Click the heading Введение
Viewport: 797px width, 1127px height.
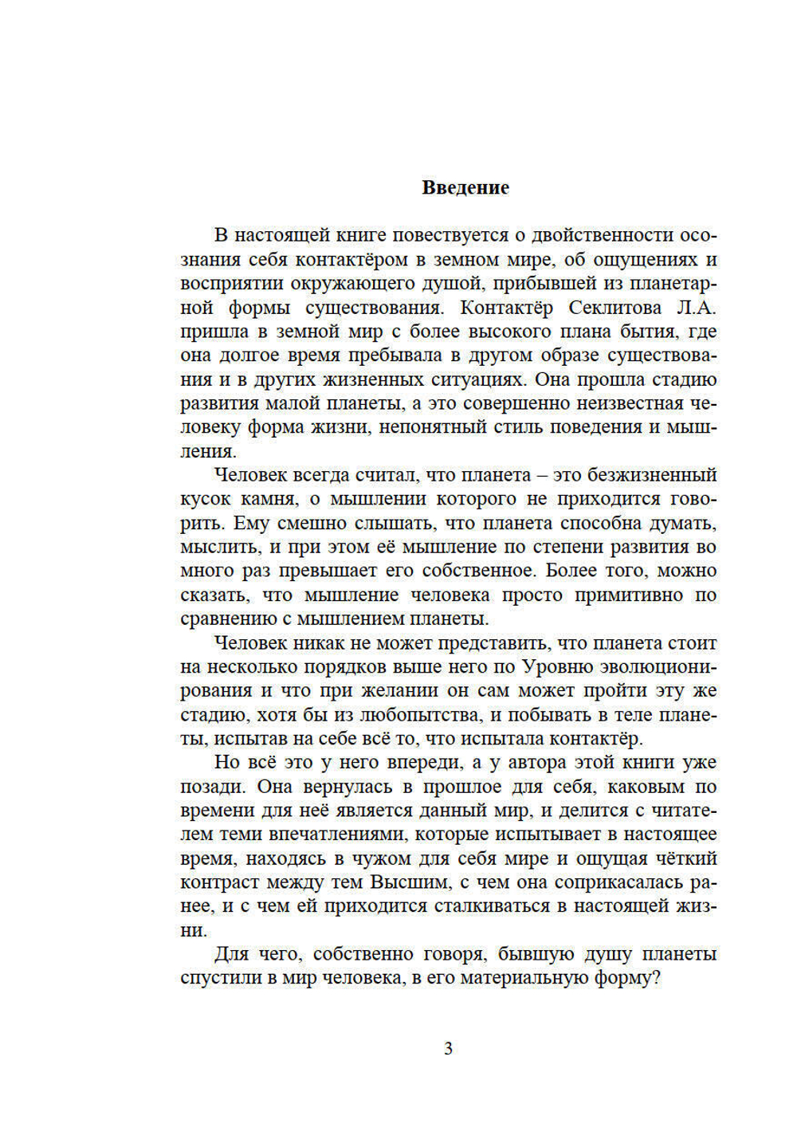tap(465, 188)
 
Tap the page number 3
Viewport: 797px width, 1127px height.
tap(448, 1049)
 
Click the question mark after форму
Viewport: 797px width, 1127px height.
tap(656, 978)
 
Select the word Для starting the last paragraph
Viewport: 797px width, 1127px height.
tap(230, 954)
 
